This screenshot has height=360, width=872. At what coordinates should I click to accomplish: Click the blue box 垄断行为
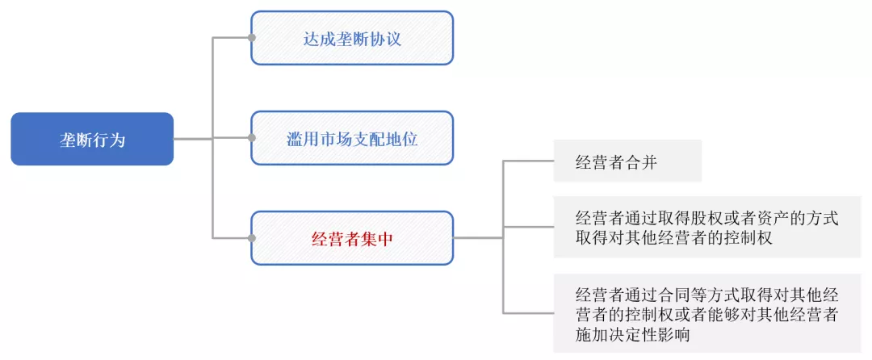(92, 139)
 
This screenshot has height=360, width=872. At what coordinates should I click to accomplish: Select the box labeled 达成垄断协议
(352, 38)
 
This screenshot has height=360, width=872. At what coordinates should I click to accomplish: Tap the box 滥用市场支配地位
(352, 138)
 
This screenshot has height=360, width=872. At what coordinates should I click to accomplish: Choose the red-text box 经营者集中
(352, 238)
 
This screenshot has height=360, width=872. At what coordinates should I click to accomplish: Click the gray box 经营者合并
(627, 161)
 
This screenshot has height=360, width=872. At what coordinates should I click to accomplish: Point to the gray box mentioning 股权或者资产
(706, 227)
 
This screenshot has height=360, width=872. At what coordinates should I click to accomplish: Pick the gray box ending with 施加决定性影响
(706, 314)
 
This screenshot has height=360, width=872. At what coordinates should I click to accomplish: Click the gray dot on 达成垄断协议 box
(252, 38)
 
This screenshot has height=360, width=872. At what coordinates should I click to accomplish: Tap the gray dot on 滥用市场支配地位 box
(252, 138)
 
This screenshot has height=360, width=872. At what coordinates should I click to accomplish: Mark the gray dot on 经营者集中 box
(252, 238)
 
